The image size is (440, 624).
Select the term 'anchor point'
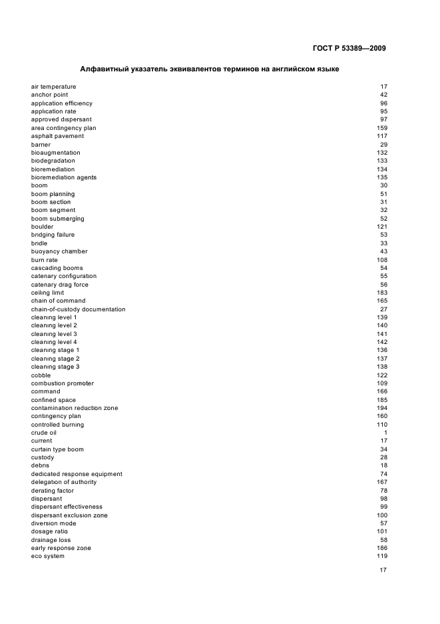point(49,95)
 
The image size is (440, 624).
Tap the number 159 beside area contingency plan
point(382,128)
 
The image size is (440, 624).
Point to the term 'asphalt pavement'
point(57,136)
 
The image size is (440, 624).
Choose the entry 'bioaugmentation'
point(55,153)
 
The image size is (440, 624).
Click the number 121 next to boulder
point(382,227)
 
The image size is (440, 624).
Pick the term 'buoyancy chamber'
point(59,251)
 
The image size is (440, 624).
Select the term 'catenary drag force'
point(59,285)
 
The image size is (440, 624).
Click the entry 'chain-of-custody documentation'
point(78,309)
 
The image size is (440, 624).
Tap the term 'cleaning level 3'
point(54,334)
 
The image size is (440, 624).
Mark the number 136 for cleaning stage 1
point(382,350)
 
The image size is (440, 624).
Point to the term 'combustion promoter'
point(63,383)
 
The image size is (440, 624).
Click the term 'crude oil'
point(44,433)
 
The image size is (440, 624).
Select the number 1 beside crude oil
point(385,433)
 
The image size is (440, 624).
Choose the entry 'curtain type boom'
point(57,449)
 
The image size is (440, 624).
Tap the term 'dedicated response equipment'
point(77,474)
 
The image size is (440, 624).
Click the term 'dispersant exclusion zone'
point(69,515)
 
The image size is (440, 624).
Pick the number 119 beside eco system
point(382,556)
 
